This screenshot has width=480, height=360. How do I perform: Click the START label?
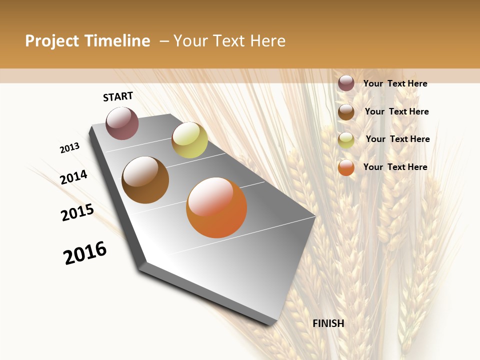tap(118, 96)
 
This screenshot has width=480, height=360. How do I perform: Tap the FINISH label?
tap(328, 323)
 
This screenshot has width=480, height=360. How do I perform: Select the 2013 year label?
tap(70, 147)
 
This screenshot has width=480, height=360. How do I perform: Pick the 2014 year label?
tap(74, 177)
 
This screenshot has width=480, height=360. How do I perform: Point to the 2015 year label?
tap(77, 212)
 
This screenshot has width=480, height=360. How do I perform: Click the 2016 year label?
tap(85, 253)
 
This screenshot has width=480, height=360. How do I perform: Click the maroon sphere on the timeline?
tap(122, 123)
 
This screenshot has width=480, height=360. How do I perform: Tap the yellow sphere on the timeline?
tap(189, 140)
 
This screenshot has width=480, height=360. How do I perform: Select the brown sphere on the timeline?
tap(145, 180)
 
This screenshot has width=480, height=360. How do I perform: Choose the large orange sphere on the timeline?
tap(216, 207)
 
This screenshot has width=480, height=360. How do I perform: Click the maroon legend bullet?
tap(346, 83)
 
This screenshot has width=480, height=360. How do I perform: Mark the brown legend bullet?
tap(346, 112)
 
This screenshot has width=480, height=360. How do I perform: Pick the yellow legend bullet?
tap(346, 140)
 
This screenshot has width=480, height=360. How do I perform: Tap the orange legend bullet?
tap(346, 167)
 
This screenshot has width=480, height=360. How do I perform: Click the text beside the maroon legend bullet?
tap(395, 83)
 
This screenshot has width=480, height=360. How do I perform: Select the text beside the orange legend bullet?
tap(395, 167)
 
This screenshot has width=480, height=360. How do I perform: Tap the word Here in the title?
tap(268, 41)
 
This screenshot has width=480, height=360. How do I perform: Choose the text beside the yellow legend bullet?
tap(397, 139)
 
